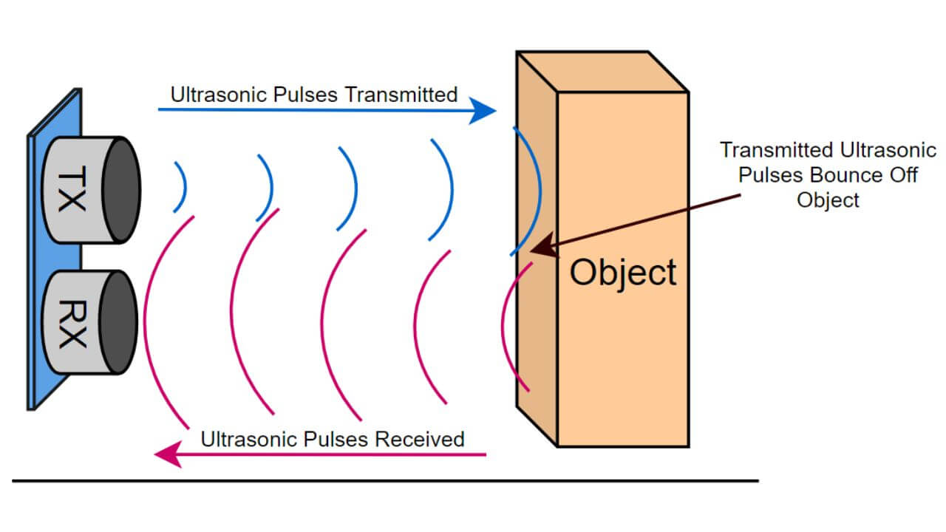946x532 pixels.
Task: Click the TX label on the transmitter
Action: tap(71, 189)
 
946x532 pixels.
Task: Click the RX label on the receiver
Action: tap(71, 323)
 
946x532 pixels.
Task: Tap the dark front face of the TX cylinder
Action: tap(121, 189)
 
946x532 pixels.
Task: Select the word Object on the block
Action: tap(623, 272)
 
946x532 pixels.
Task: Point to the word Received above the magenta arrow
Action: tap(419, 439)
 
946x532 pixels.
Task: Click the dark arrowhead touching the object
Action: tap(542, 247)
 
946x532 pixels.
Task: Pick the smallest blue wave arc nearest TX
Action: tap(182, 186)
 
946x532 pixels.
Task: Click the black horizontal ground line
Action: tap(384, 481)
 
